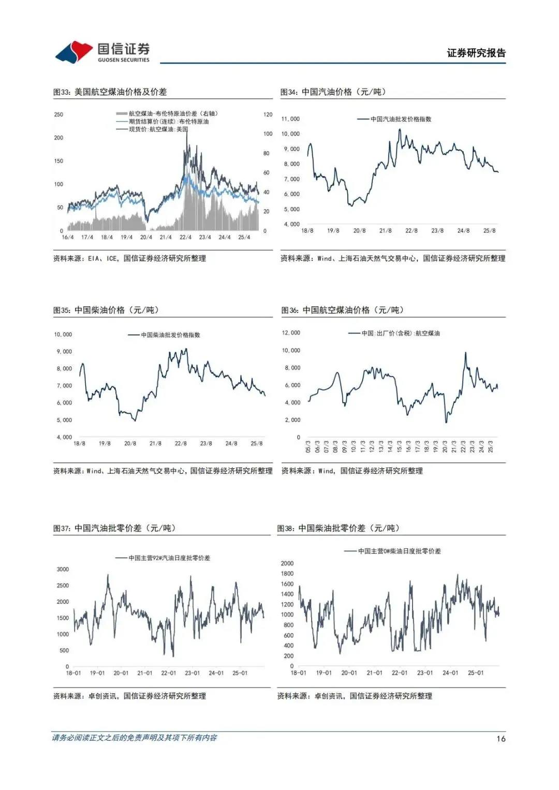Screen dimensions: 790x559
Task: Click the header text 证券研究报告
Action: click(x=476, y=53)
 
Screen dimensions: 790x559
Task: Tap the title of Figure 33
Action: click(x=110, y=92)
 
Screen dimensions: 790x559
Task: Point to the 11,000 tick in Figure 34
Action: click(x=290, y=119)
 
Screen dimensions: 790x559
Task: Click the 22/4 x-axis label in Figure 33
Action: click(x=185, y=237)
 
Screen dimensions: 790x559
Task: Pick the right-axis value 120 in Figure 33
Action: click(x=268, y=115)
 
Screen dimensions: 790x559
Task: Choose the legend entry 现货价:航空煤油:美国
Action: click(x=158, y=129)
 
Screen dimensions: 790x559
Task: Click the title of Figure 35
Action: click(x=106, y=310)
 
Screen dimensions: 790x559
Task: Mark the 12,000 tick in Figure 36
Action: click(x=291, y=333)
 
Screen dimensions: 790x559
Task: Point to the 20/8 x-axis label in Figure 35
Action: click(x=130, y=444)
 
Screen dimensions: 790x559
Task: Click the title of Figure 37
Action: click(x=114, y=528)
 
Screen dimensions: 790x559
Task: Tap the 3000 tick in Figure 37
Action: click(x=63, y=570)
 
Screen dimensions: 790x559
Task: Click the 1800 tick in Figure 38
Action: click(x=287, y=574)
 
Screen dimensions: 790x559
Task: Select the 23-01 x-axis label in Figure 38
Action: click(x=425, y=673)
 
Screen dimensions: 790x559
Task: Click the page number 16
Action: click(x=501, y=739)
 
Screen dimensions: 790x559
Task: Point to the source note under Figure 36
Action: click(x=352, y=471)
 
